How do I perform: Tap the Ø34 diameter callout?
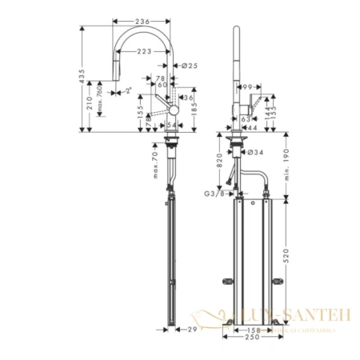coord(249,152)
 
